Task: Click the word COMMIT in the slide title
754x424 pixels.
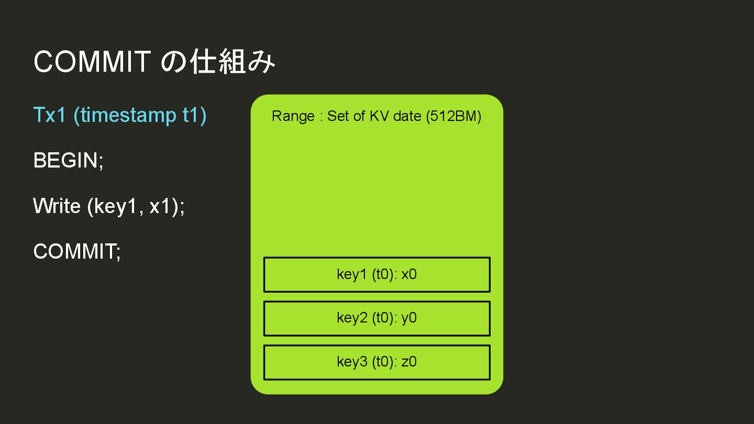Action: [x=92, y=62]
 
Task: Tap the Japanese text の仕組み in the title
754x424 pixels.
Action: [x=218, y=62]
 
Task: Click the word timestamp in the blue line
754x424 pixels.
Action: [x=128, y=115]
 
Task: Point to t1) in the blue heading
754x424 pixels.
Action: [x=194, y=115]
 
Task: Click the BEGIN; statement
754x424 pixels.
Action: [x=69, y=160]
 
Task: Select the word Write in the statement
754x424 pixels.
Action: [x=57, y=206]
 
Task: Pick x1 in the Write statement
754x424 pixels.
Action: [x=161, y=206]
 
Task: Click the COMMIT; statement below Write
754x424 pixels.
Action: [x=77, y=252]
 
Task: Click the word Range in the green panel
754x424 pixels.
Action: [x=293, y=116]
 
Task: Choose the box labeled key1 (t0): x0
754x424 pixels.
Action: [x=376, y=274]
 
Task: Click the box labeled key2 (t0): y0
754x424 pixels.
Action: [x=376, y=318]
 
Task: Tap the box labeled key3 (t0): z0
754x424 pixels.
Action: [x=376, y=362]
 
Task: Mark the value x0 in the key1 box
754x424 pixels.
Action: [x=409, y=274]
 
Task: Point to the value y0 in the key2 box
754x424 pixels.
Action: [x=409, y=318]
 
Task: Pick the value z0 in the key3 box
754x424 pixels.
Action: [x=409, y=362]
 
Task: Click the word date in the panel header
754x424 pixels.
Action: [x=407, y=116]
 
